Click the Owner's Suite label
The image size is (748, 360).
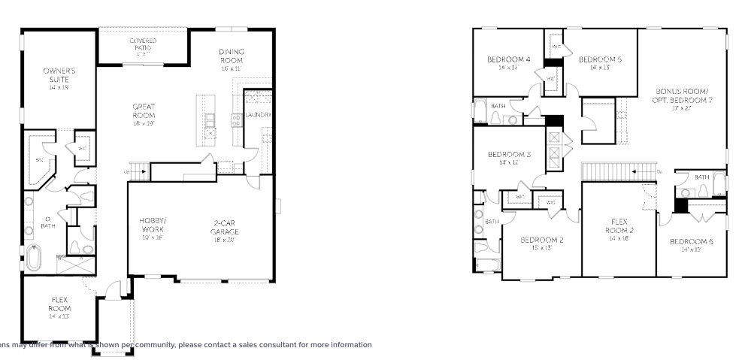tap(58, 75)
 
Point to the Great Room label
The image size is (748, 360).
tap(144, 111)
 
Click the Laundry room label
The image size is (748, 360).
tap(257, 115)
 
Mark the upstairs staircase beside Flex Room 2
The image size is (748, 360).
tap(610, 171)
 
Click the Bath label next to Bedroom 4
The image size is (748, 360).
tap(498, 107)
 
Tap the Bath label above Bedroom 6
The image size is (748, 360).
tap(701, 177)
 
